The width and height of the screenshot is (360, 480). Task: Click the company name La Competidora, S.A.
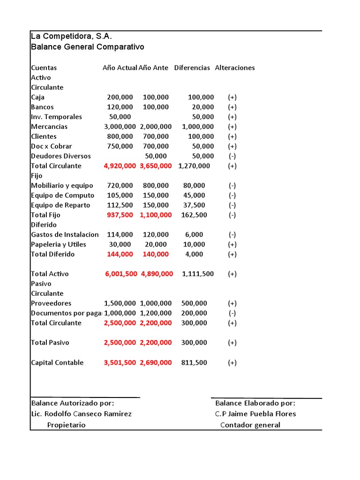(71, 37)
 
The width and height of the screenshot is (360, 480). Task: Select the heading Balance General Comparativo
(87, 47)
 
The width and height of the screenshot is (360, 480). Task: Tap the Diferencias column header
(192, 67)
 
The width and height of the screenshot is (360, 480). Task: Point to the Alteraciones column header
(235, 67)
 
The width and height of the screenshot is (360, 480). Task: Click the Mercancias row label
(49, 127)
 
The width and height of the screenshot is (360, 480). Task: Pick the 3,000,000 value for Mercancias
(120, 127)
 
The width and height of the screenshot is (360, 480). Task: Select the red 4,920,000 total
(120, 166)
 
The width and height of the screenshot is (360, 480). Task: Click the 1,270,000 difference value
(194, 166)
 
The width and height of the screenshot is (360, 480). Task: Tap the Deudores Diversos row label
(61, 156)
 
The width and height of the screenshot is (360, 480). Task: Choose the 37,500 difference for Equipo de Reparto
(194, 205)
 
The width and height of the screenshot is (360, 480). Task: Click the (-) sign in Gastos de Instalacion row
(232, 234)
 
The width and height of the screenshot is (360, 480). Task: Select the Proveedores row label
(51, 303)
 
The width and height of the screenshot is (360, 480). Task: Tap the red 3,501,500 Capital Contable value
(120, 362)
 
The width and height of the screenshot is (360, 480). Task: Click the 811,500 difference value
(194, 362)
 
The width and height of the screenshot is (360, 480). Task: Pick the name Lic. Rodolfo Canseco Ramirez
(81, 414)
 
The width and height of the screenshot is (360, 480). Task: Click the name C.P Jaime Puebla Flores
(255, 414)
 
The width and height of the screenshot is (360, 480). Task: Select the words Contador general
(250, 425)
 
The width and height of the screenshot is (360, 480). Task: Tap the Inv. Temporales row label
(56, 117)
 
